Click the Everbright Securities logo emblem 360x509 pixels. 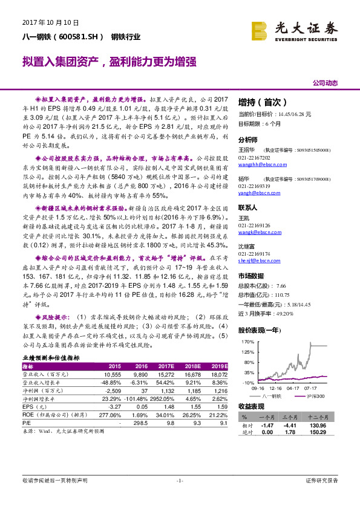click(x=259, y=29)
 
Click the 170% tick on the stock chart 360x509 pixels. click(x=247, y=342)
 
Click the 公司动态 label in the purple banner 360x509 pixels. click(x=325, y=83)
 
